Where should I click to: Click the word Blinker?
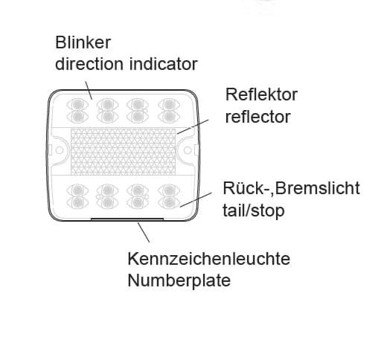click(83, 42)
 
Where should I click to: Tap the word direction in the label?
click(89, 64)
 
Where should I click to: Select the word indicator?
click(164, 64)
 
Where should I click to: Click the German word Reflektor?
click(261, 94)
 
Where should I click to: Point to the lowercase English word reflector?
click(257, 117)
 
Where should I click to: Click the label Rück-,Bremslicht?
click(291, 188)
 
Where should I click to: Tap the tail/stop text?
click(254, 210)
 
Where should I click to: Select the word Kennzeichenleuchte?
click(208, 259)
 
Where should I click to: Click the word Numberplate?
click(179, 280)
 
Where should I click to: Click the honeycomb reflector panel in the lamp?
click(124, 152)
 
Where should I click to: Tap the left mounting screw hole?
click(60, 150)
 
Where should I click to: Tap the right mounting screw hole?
click(188, 150)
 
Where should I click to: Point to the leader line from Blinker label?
click(89, 90)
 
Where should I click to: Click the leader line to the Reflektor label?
click(193, 126)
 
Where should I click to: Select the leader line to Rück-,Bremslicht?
click(196, 199)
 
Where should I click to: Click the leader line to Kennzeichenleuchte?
click(144, 232)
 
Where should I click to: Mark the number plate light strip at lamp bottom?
click(127, 219)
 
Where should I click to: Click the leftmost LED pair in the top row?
click(77, 111)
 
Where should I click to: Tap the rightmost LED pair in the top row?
click(169, 111)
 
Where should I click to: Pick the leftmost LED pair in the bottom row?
click(77, 196)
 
